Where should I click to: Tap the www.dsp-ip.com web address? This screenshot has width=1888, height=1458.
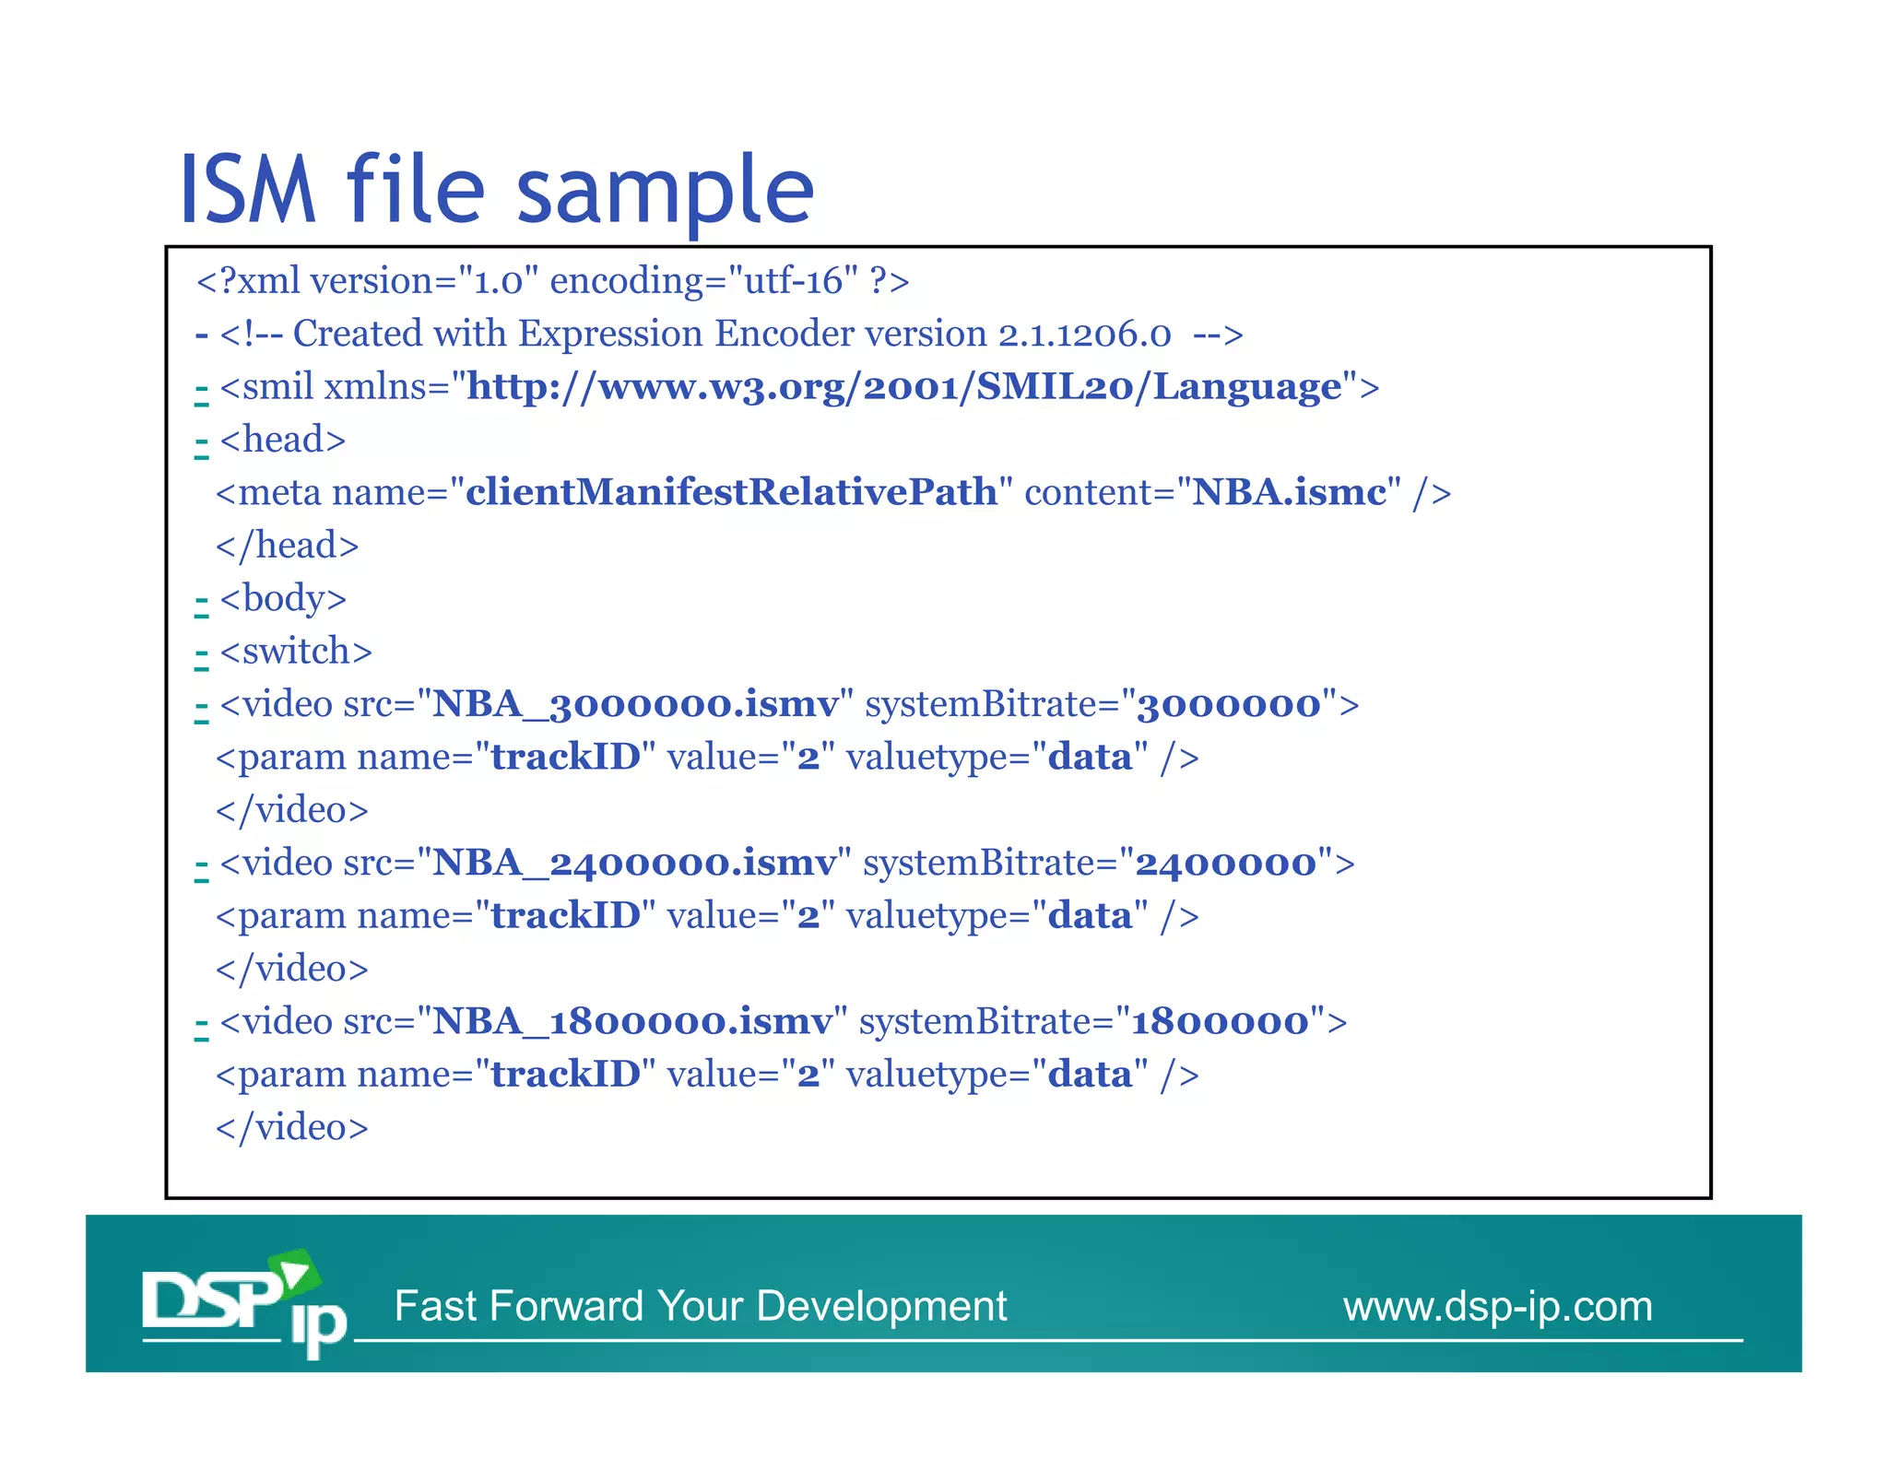(x=1497, y=1307)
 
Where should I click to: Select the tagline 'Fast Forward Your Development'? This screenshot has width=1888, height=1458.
(x=701, y=1307)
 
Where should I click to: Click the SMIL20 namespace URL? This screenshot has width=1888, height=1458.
(x=903, y=387)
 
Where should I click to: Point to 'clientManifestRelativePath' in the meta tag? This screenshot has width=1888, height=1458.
(x=731, y=492)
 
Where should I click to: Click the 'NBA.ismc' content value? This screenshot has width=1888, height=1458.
(x=1289, y=492)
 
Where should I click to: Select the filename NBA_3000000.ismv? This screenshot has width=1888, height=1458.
(x=635, y=705)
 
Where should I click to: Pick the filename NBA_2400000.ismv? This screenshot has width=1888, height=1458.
(x=634, y=864)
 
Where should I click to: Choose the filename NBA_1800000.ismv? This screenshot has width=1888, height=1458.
(x=632, y=1022)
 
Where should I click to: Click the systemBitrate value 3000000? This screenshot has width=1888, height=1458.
(x=1229, y=705)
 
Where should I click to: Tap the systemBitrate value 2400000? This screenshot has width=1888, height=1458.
(x=1226, y=864)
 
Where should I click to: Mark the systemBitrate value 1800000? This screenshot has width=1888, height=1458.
(x=1220, y=1022)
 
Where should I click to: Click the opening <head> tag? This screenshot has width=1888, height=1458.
(x=283, y=440)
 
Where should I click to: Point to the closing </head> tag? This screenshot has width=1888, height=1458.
(x=287, y=546)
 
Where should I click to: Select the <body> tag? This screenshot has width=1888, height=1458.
(x=283, y=599)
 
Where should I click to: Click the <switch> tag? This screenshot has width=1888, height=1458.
(x=296, y=652)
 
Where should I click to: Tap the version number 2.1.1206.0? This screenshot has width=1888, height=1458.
(x=1084, y=335)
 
